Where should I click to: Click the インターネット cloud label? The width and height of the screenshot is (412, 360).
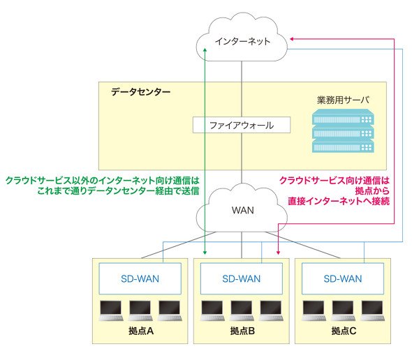[x=242, y=41]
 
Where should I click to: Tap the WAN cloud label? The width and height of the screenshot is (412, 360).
[x=243, y=210]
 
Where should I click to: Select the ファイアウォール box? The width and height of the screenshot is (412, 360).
[x=242, y=125]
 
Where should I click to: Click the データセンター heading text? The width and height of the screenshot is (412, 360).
[x=140, y=92]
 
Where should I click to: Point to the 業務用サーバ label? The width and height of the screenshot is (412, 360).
[x=343, y=100]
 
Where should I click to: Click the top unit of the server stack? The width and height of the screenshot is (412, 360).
[x=343, y=117]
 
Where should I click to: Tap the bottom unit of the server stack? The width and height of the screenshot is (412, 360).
[x=343, y=146]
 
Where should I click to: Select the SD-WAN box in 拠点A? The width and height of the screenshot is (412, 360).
[x=140, y=278]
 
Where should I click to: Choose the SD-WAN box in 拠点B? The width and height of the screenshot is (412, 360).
[x=242, y=278]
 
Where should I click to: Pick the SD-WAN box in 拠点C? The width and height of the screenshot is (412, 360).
[x=343, y=278]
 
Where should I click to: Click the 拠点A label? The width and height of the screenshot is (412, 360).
[x=141, y=331]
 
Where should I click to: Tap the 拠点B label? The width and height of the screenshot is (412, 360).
[x=242, y=331]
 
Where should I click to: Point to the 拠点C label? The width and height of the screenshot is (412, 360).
[x=344, y=331]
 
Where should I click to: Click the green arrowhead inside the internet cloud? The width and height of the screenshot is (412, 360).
[x=205, y=50]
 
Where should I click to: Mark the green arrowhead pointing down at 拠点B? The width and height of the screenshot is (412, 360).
[x=205, y=253]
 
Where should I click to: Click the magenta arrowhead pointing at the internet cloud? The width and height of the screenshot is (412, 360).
[x=292, y=39]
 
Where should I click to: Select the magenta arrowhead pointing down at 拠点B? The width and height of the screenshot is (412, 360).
[x=278, y=253]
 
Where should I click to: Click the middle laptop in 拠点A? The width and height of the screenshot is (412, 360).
[x=140, y=310]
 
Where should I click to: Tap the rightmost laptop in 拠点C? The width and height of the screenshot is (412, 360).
[x=372, y=310]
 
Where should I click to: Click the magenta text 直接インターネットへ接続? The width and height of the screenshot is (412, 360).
[x=339, y=201]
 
